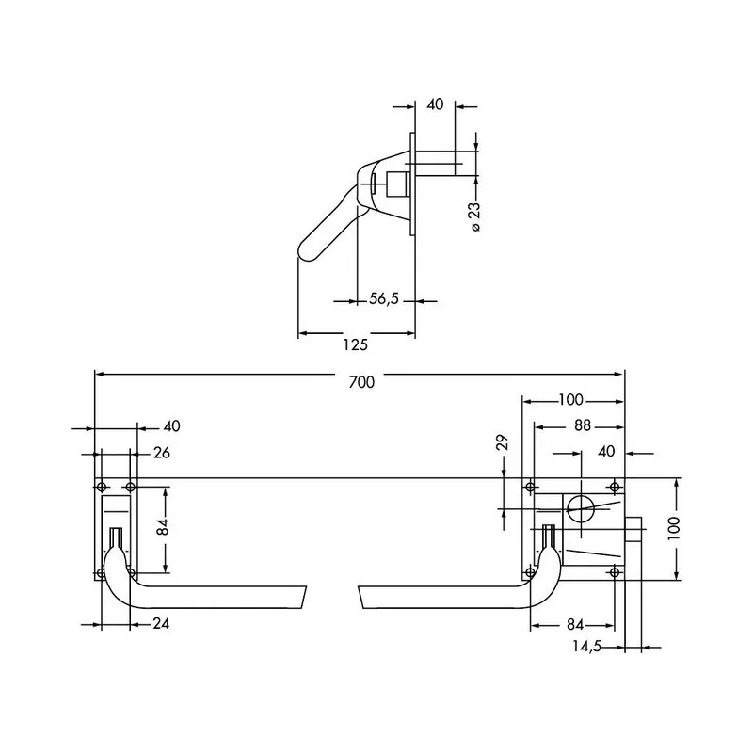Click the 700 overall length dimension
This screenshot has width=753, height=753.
pyautogui.click(x=361, y=382)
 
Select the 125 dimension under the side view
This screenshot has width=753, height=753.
pyautogui.click(x=356, y=344)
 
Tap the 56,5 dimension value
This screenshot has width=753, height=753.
pyautogui.click(x=384, y=299)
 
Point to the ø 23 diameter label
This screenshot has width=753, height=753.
pyautogui.click(x=474, y=216)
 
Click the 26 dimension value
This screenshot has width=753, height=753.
pyautogui.click(x=162, y=453)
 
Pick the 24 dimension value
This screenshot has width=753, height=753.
pyautogui.click(x=161, y=623)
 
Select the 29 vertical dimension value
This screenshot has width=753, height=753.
pyautogui.click(x=502, y=441)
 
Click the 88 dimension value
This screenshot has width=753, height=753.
pyautogui.click(x=583, y=426)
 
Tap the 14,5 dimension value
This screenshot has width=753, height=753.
pyautogui.click(x=586, y=647)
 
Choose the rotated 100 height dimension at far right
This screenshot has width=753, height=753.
pyautogui.click(x=674, y=528)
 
